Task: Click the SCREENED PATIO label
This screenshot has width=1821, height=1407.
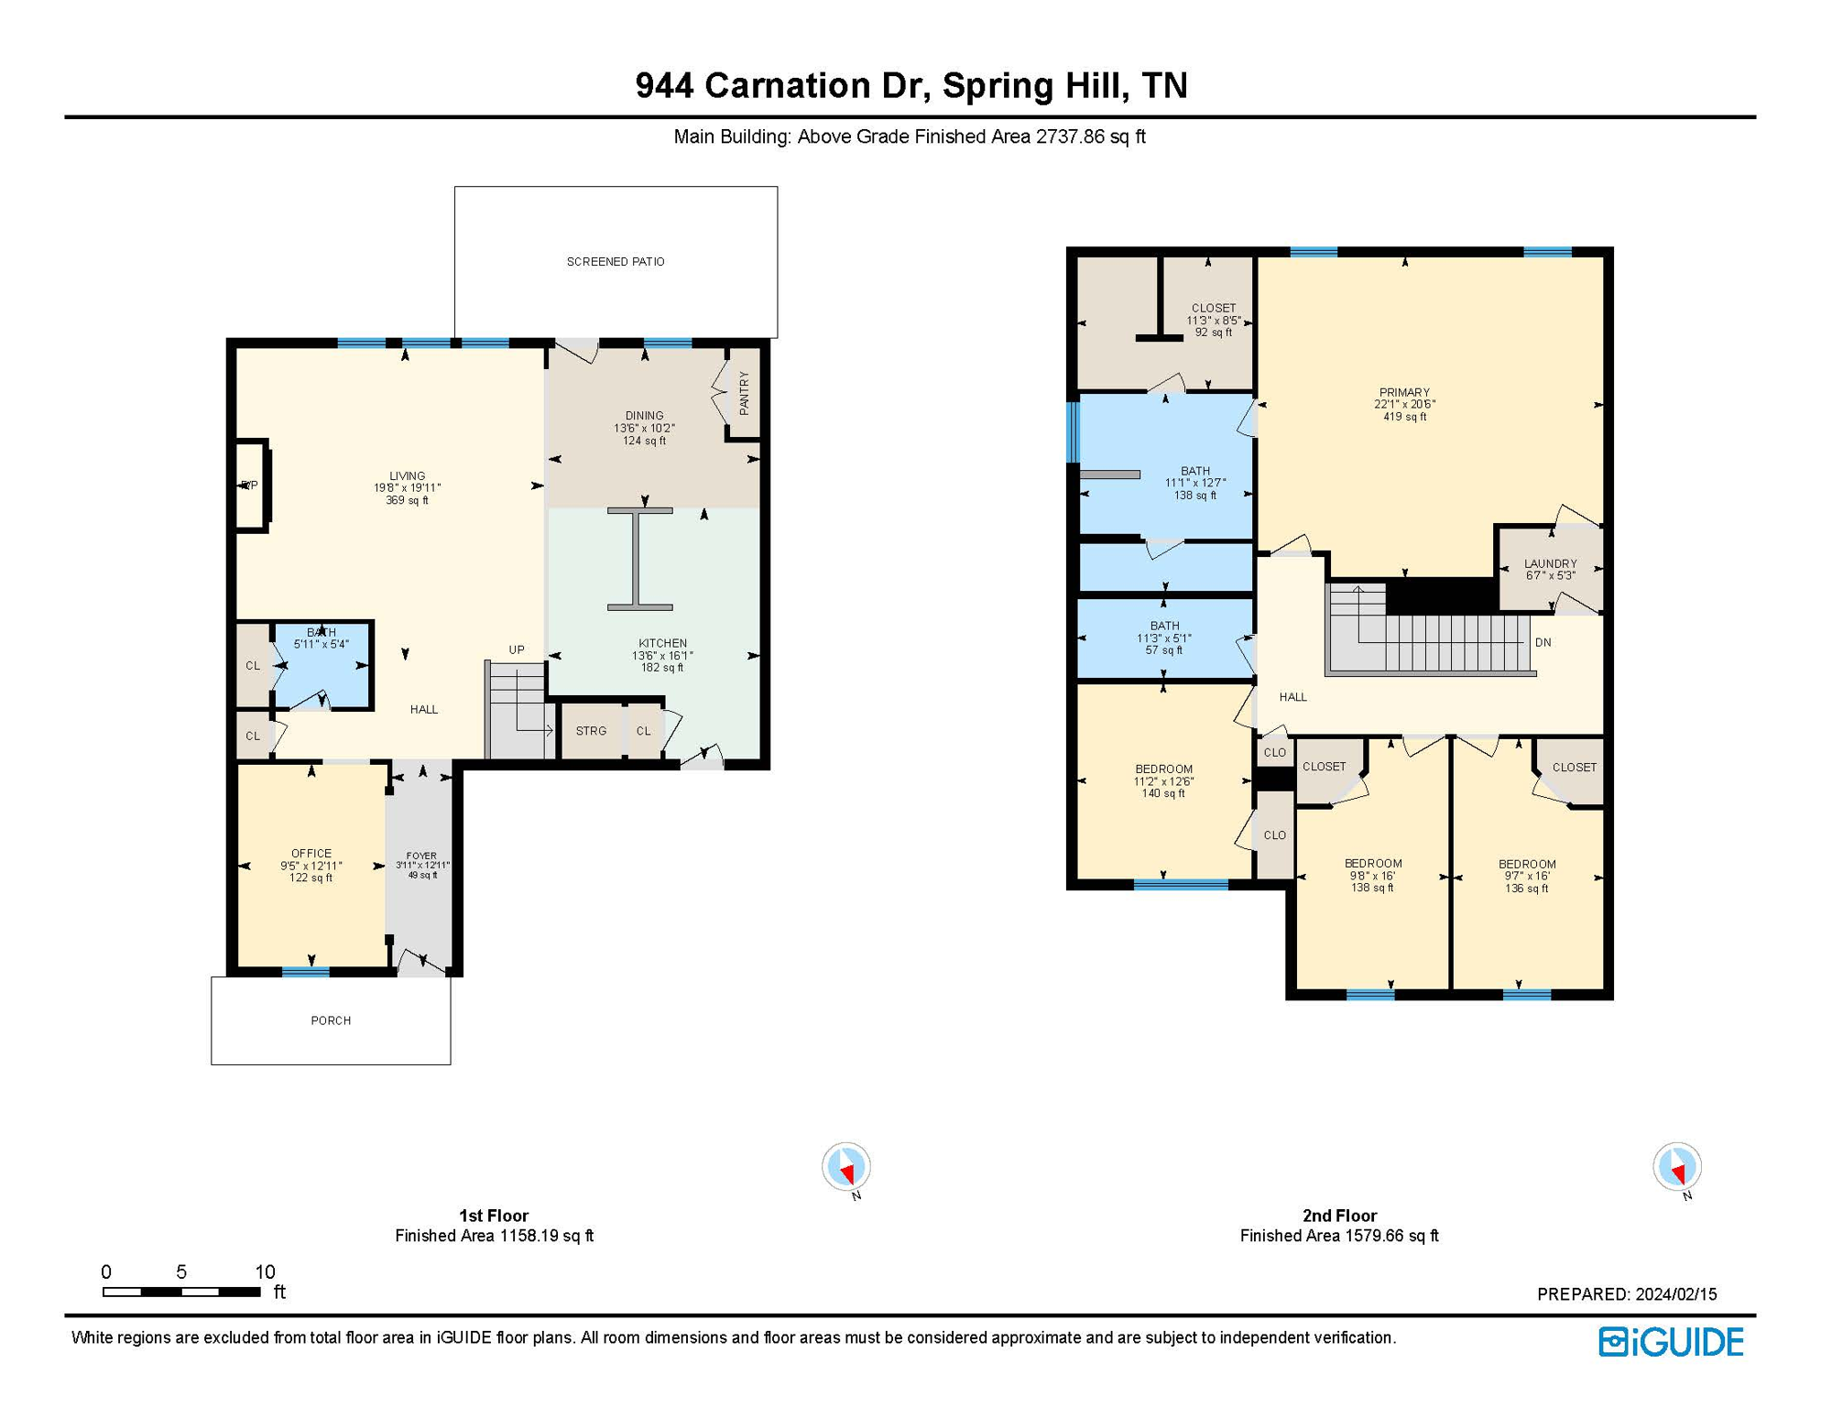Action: coord(616,262)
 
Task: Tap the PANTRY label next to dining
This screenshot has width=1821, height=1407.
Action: coord(744,393)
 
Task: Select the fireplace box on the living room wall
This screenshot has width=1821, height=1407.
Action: coord(251,485)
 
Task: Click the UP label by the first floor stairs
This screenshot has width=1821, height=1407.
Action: coord(517,649)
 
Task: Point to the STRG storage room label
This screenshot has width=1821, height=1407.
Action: coord(591,731)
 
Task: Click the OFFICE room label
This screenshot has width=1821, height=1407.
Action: coord(311,853)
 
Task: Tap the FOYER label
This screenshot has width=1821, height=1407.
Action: coord(421,856)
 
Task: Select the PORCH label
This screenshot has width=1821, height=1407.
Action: coord(331,1020)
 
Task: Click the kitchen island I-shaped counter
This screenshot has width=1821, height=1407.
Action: coord(639,559)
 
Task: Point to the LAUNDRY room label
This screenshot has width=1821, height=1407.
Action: coord(1550,563)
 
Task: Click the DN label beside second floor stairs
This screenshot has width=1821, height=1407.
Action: coord(1543,642)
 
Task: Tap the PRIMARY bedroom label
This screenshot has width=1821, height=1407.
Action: coord(1404,392)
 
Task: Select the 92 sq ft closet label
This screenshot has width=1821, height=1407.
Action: coord(1213,320)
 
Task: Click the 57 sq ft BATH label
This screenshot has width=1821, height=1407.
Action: coord(1164,638)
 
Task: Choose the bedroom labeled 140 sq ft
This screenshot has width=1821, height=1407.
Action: coord(1163,780)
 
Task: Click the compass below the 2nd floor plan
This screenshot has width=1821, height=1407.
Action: coord(1676,1167)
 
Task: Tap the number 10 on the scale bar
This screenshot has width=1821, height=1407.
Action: coord(265,1271)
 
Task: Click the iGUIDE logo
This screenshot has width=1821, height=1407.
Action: coord(1671,1342)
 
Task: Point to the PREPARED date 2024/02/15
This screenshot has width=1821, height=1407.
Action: coord(1675,1294)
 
